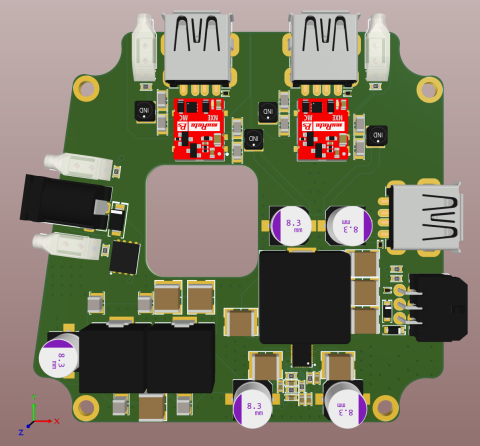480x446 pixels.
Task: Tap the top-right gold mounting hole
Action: (429, 90)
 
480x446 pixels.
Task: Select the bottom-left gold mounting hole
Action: (86, 407)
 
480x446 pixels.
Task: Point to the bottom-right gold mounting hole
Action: (385, 407)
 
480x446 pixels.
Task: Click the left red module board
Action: (199, 128)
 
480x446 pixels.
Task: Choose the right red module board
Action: (323, 128)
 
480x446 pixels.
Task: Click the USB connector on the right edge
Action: (427, 217)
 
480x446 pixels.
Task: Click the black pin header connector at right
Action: (440, 307)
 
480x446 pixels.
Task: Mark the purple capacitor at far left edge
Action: (59, 357)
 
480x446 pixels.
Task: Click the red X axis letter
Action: (57, 421)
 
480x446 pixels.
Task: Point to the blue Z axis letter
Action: (21, 432)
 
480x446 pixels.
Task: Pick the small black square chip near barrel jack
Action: (125, 257)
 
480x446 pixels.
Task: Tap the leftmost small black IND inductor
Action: (144, 110)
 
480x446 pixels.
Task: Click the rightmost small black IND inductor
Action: (377, 135)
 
